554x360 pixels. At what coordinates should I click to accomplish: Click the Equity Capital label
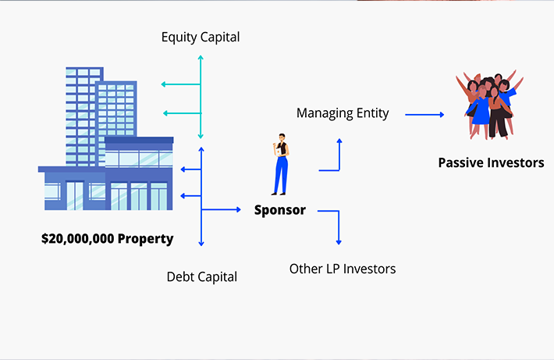(201, 37)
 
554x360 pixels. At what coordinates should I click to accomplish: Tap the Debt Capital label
(201, 276)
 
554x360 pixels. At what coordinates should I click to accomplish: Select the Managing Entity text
(343, 113)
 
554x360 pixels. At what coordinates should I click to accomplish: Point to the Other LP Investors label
(343, 269)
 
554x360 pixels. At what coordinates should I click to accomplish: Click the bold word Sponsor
(280, 210)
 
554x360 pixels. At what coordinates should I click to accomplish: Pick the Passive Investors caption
(491, 163)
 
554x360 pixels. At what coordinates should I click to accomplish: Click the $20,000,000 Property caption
(107, 238)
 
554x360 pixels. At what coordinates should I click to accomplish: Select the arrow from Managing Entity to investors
(424, 114)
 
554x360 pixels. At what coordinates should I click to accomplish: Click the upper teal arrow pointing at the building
(180, 84)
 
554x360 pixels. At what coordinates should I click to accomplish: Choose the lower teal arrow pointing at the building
(180, 112)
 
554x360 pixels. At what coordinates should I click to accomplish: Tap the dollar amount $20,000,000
(77, 238)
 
